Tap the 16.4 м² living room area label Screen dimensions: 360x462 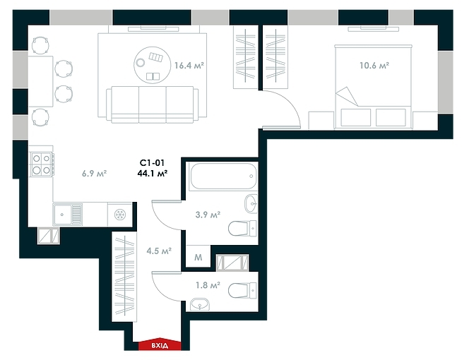(x=189, y=66)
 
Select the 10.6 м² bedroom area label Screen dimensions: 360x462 (x=374, y=66)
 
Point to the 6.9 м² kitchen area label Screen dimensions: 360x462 (x=95, y=173)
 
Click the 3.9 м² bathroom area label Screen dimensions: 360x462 (x=208, y=215)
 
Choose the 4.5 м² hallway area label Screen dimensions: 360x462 (x=157, y=249)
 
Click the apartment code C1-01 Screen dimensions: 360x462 (x=152, y=162)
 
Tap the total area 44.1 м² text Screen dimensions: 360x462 (x=152, y=173)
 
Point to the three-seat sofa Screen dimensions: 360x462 (x=150, y=104)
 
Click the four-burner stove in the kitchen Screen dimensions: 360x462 (x=41, y=164)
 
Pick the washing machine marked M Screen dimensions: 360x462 (x=199, y=258)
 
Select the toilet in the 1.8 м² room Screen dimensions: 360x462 (x=244, y=289)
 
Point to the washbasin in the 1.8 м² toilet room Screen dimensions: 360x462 (x=200, y=305)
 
